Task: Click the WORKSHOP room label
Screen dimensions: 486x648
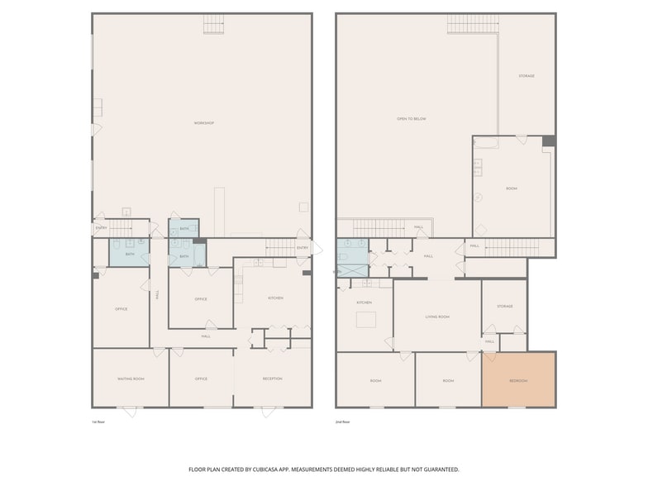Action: [204, 123]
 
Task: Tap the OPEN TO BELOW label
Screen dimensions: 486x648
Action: [411, 119]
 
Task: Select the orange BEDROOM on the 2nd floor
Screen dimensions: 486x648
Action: [518, 380]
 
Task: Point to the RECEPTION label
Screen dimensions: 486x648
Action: [272, 379]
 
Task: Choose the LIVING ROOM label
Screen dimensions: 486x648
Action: [436, 317]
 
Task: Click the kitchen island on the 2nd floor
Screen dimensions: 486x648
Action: [366, 320]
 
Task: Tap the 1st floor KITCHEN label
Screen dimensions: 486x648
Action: [275, 298]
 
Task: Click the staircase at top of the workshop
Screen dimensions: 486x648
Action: [214, 24]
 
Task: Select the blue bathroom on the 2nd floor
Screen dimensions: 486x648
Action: [352, 256]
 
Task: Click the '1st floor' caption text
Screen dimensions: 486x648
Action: [98, 422]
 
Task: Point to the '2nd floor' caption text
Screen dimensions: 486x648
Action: [342, 422]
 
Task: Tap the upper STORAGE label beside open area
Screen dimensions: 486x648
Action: [526, 76]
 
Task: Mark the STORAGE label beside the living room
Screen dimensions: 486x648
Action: [504, 307]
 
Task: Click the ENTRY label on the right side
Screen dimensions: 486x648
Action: [302, 247]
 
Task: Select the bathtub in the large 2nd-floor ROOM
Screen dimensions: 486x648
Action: [487, 143]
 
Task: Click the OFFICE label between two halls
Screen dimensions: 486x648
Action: [201, 299]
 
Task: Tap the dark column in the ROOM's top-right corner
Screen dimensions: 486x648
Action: [548, 141]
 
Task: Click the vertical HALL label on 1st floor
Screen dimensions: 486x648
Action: [157, 293]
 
